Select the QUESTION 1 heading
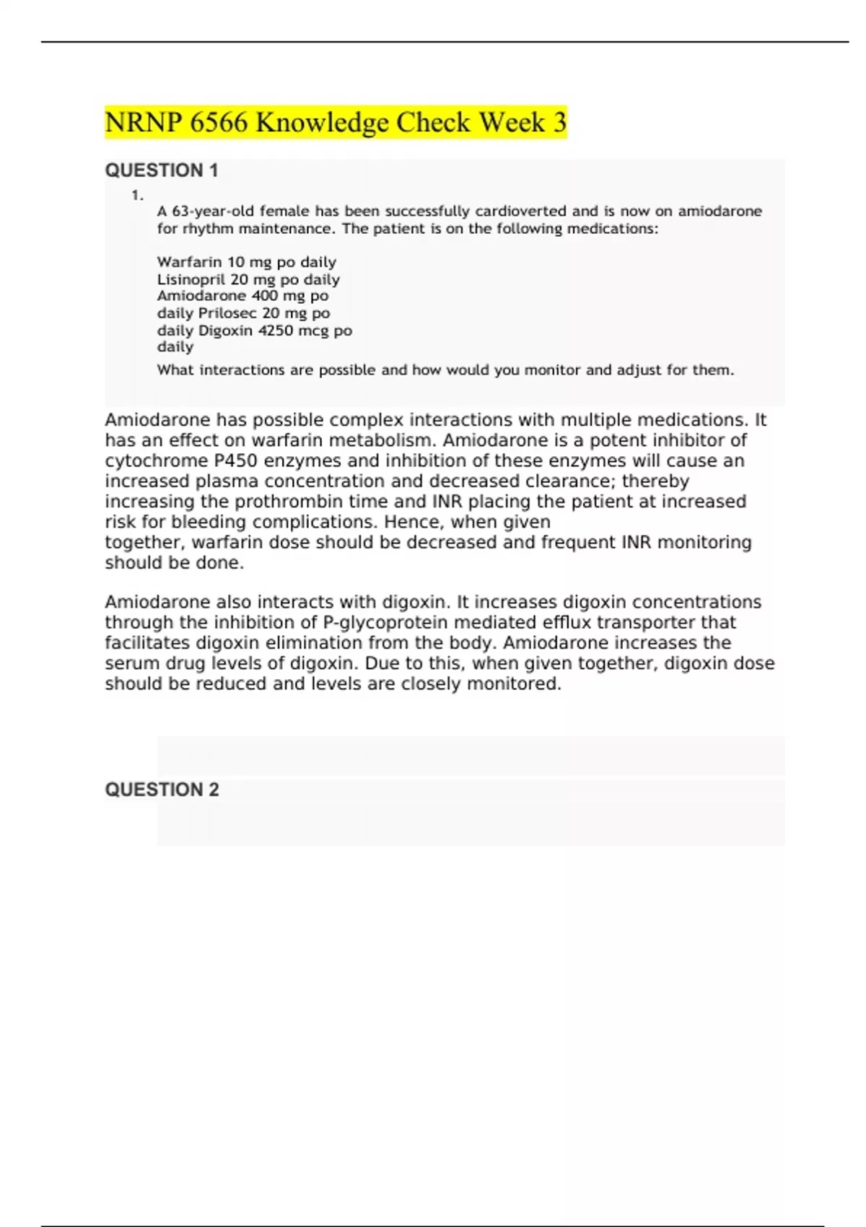coord(162,170)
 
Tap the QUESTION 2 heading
coord(162,790)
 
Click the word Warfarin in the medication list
coord(189,262)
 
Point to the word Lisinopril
coord(191,279)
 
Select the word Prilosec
coord(228,313)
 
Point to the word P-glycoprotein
coord(383,623)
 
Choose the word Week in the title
coord(512,123)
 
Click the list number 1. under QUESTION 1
coord(137,195)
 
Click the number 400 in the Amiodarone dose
coord(265,296)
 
